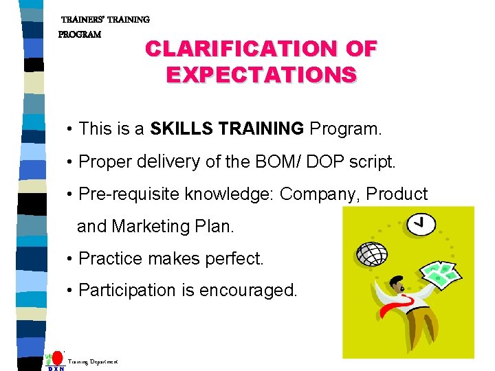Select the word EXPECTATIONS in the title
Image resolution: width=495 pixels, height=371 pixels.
[x=261, y=74]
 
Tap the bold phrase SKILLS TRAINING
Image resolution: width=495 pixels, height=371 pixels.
[x=227, y=128]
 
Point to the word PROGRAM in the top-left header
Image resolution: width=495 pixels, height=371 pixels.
[x=80, y=34]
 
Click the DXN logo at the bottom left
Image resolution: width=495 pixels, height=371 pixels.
[x=56, y=360]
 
